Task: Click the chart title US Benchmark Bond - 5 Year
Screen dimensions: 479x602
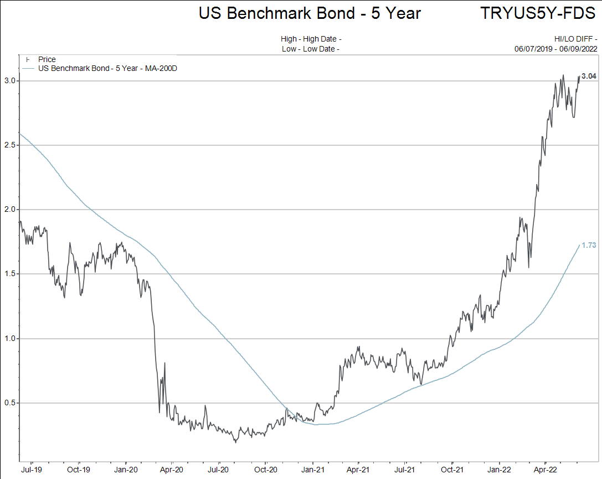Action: point(310,13)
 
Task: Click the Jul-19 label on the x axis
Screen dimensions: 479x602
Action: point(32,469)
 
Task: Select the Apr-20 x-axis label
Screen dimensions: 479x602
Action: point(172,469)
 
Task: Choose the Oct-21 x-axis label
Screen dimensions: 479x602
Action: point(452,469)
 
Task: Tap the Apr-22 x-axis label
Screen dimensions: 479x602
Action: point(546,469)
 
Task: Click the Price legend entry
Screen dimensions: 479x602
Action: point(47,59)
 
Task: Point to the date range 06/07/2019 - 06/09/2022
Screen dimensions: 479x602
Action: point(556,49)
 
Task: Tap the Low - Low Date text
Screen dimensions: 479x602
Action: point(310,49)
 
